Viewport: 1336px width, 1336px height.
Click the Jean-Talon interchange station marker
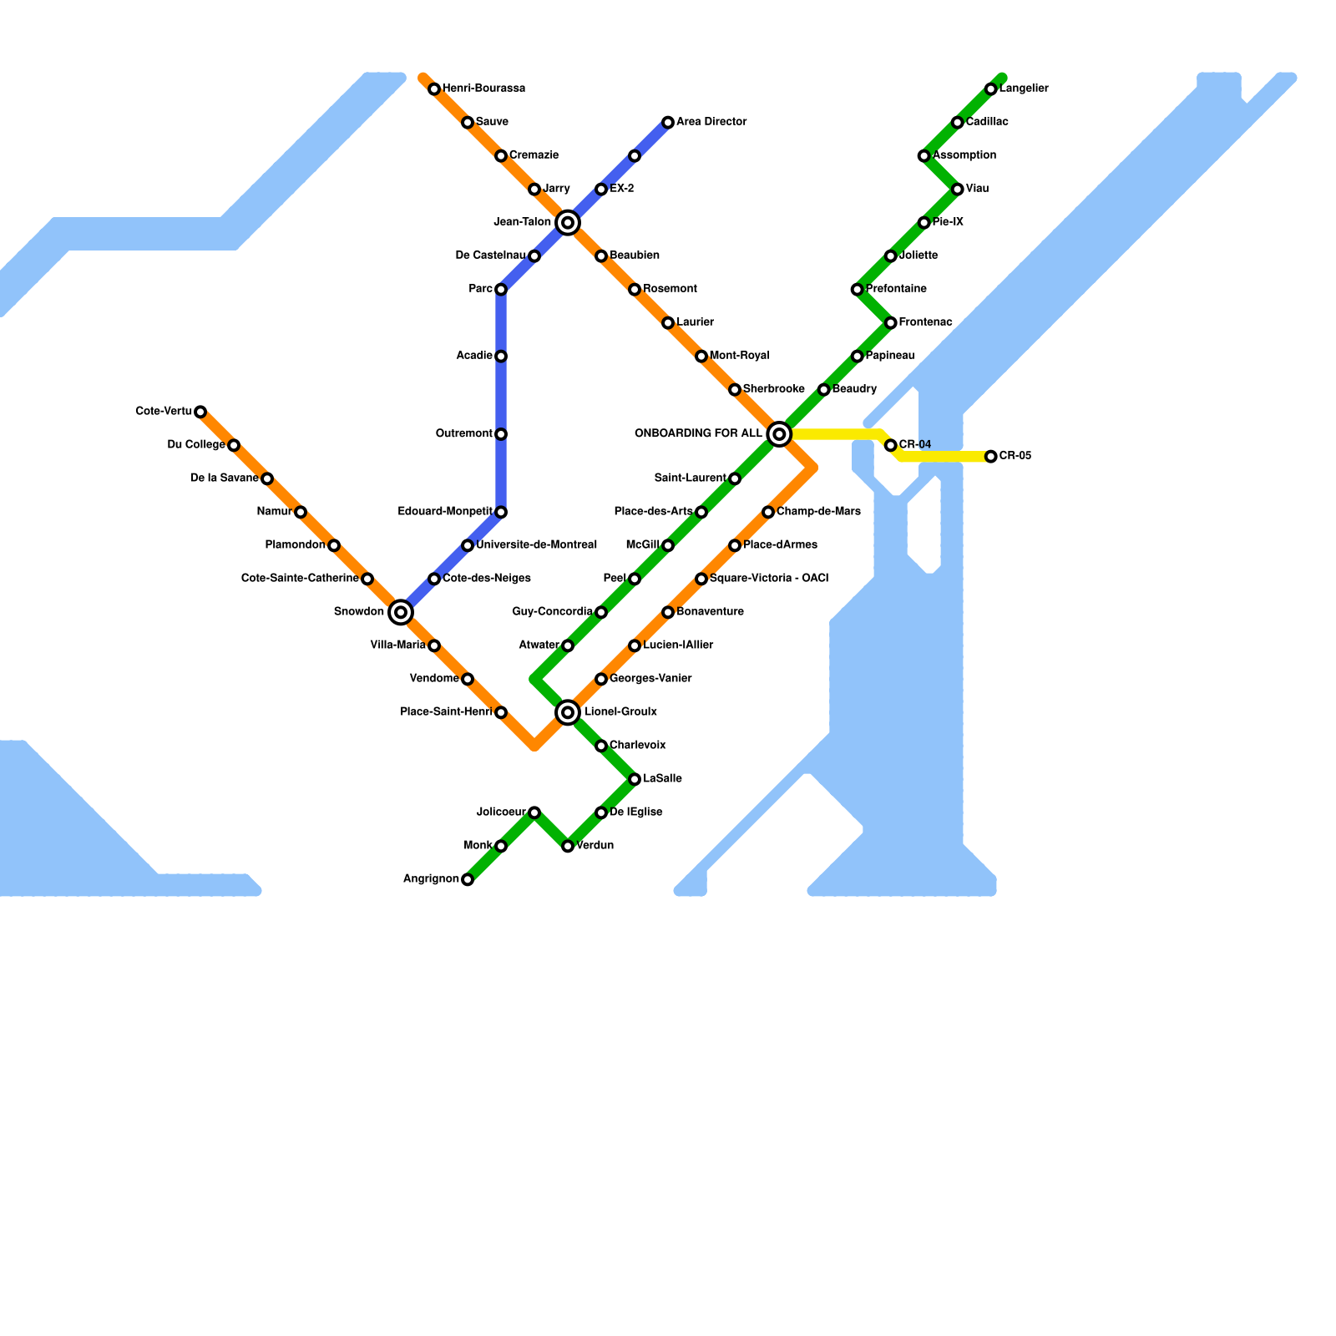click(x=568, y=222)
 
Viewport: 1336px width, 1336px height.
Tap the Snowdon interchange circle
click(x=401, y=612)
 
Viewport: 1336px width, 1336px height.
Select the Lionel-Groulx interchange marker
click(x=568, y=712)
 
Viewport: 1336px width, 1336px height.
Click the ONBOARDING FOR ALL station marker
click(x=779, y=434)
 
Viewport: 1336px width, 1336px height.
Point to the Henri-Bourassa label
click(x=483, y=89)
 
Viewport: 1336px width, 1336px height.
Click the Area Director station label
click(x=711, y=122)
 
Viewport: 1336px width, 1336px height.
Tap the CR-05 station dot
click(x=990, y=457)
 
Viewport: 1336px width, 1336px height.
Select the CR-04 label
click(x=915, y=444)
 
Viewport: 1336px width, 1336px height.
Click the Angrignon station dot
click(x=468, y=879)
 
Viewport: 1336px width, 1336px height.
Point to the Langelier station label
click(x=1024, y=89)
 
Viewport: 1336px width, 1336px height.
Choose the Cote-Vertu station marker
click(x=200, y=412)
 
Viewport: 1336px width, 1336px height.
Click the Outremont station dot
click(x=501, y=434)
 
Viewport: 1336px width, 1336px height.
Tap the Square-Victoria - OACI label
click(x=769, y=579)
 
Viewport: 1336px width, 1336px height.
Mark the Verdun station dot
click(x=568, y=846)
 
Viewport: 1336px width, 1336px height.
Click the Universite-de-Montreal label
click(x=536, y=545)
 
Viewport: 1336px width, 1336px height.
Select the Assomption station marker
click(x=924, y=156)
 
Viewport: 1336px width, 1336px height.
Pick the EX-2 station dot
click(x=601, y=190)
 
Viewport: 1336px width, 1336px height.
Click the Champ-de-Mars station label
click(x=818, y=512)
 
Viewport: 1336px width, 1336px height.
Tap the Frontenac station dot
click(x=891, y=323)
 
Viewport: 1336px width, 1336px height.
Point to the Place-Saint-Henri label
click(x=446, y=712)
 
